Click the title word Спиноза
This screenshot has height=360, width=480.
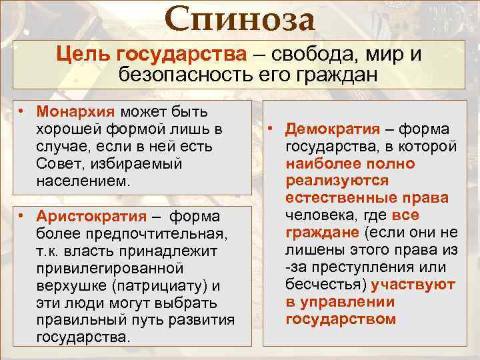[x=239, y=20]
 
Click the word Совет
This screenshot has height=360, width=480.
[x=58, y=163]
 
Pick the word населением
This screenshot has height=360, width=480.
[x=79, y=181]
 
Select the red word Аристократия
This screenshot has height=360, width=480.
[x=91, y=216]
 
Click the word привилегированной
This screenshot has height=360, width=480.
[x=109, y=269]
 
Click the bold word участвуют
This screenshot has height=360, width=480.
[x=413, y=285]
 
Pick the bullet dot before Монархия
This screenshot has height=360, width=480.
[x=22, y=110]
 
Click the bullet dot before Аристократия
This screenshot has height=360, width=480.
[x=22, y=216]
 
